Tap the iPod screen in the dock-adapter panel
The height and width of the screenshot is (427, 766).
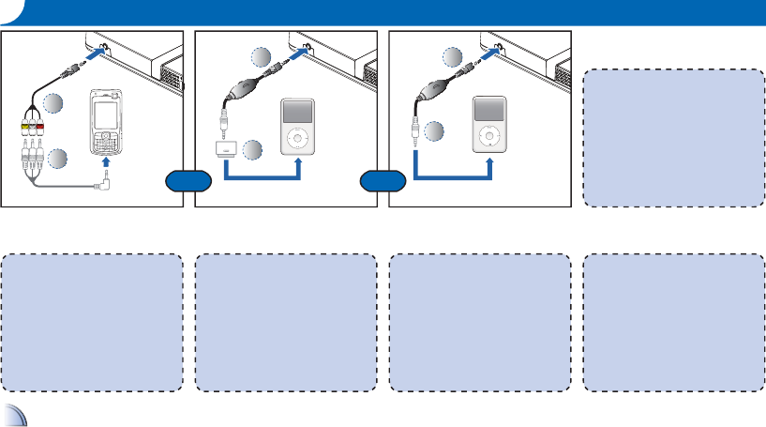point(296,112)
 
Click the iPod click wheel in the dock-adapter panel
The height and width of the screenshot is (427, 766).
point(296,139)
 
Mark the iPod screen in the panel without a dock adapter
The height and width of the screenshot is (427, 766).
point(489,112)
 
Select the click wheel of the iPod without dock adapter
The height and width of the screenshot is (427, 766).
point(489,139)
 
